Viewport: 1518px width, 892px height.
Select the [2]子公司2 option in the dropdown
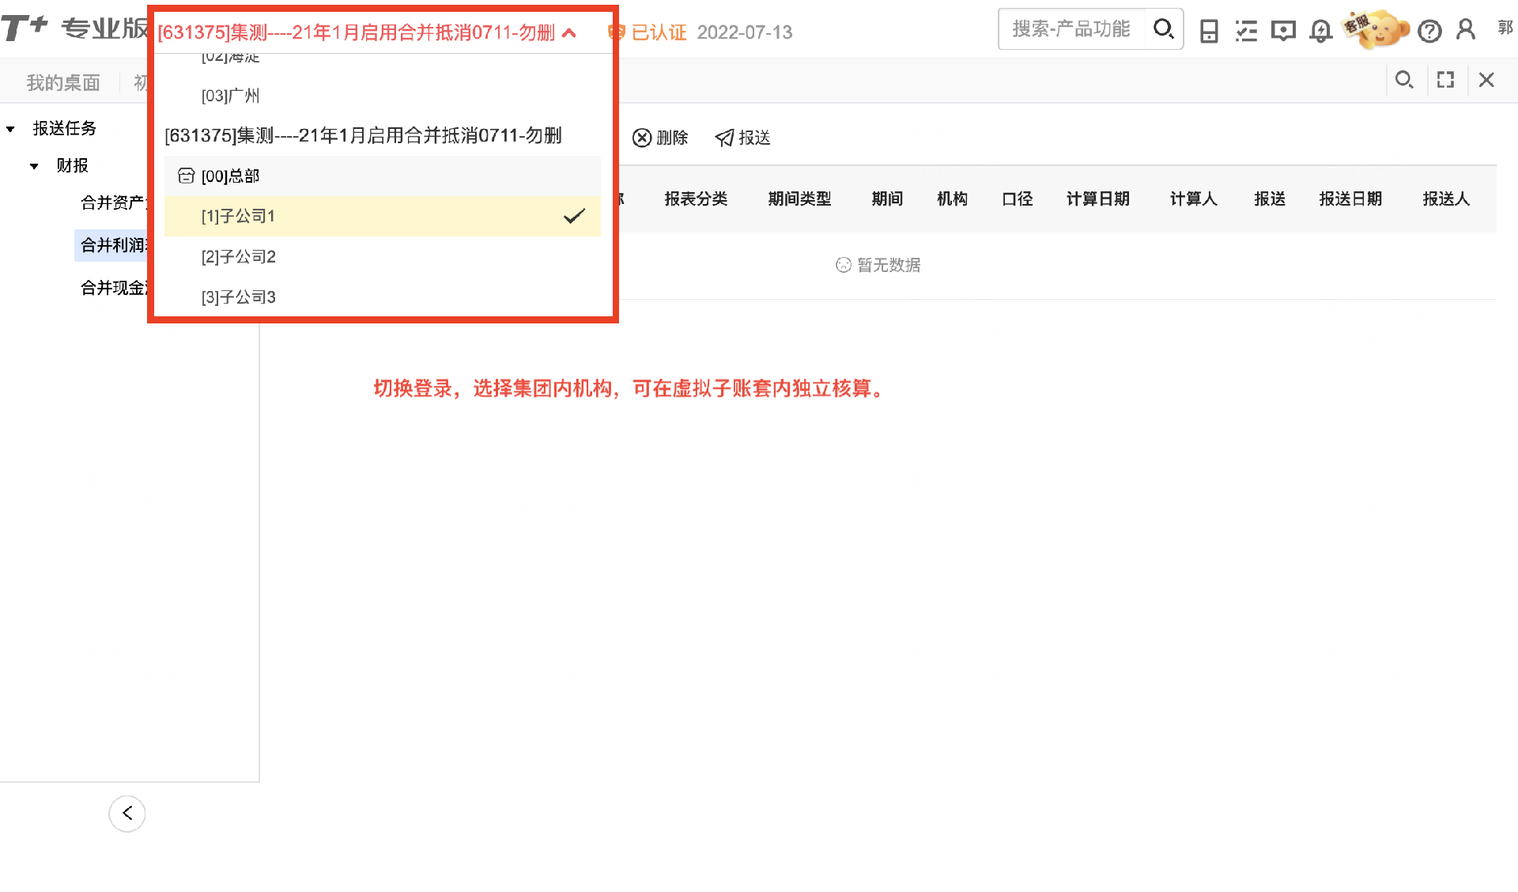(x=238, y=257)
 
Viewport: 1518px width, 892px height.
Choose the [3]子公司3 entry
(x=238, y=297)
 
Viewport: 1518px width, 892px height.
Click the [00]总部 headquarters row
(x=230, y=176)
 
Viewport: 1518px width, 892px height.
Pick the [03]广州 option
(x=230, y=96)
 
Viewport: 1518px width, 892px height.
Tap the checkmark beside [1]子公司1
(x=574, y=216)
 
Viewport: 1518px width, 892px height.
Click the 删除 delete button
(x=660, y=138)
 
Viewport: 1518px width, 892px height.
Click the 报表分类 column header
(x=696, y=198)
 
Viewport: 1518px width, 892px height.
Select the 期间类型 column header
(x=799, y=198)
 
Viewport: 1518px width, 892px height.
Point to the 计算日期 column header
(x=1097, y=198)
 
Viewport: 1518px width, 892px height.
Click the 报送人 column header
(x=1445, y=198)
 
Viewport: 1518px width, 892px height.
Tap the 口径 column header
(x=1017, y=198)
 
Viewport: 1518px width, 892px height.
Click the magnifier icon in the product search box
(x=1163, y=29)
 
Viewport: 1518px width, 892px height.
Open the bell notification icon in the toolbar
(x=1320, y=31)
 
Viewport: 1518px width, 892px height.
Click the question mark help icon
(x=1429, y=31)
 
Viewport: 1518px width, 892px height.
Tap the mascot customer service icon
(x=1378, y=29)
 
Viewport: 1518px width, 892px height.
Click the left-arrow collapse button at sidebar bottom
(x=127, y=813)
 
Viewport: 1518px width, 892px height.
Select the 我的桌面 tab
(x=63, y=82)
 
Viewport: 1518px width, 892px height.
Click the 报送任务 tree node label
(x=64, y=128)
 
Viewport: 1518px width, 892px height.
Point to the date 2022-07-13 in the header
(x=745, y=32)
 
